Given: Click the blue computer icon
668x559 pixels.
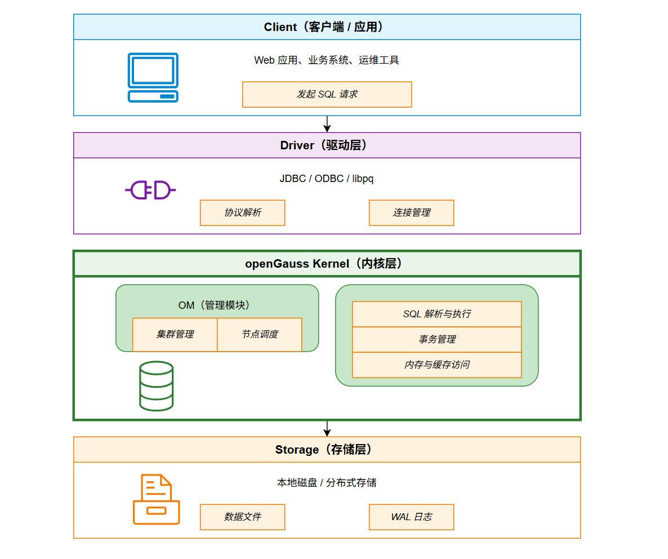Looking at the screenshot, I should point(153,78).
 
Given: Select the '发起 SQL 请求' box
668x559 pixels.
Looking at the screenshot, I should point(327,94).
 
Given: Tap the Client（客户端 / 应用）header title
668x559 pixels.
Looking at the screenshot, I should point(327,27).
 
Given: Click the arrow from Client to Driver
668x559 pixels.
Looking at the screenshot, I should point(327,124).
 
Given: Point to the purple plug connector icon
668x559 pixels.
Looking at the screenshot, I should point(150,190).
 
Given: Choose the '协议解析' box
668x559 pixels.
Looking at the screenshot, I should point(242,212).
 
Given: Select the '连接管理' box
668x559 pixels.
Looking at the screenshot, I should point(411,212).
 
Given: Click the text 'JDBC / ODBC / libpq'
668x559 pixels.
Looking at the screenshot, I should point(327,179).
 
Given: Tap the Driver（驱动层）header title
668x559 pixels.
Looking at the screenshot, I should point(327,145).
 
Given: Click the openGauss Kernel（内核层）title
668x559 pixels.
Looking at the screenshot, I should point(327,264).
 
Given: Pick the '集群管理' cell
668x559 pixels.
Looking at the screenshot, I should point(175,334).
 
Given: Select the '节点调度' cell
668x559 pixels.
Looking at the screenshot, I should point(260,334).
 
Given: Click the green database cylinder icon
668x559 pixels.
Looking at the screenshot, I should point(156,386).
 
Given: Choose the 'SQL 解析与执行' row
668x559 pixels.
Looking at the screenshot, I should point(437,314).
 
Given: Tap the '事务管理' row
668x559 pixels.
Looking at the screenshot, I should point(437,339).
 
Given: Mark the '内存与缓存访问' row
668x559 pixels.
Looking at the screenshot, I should point(437,365).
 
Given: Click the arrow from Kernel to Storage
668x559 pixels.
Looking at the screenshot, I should point(327,428).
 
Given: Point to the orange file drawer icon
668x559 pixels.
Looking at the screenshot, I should point(156,499).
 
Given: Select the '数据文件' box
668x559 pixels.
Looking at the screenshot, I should point(242,517).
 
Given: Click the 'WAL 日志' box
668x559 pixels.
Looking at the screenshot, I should point(411,517).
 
